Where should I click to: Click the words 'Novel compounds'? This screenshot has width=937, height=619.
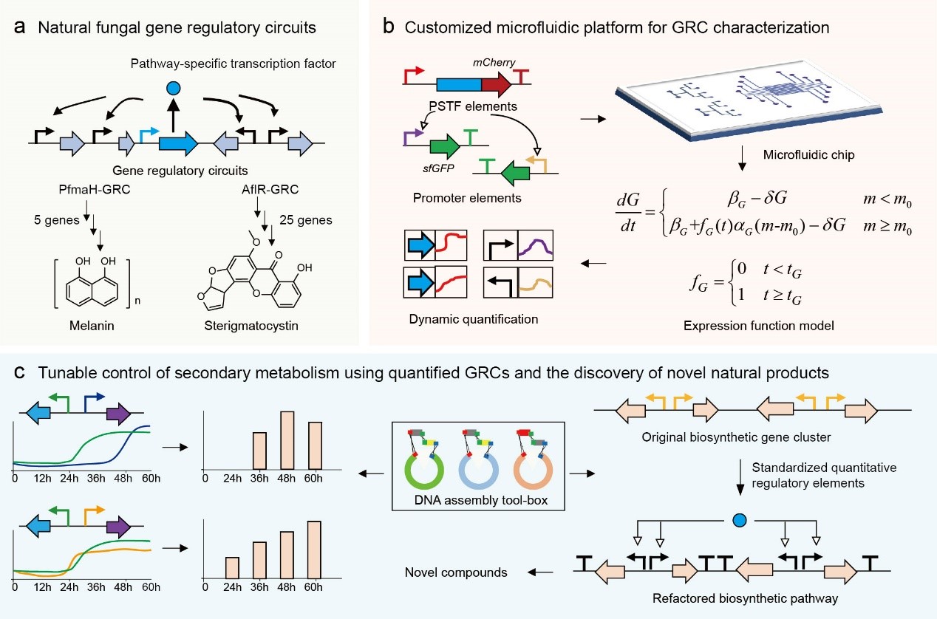tap(455, 572)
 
